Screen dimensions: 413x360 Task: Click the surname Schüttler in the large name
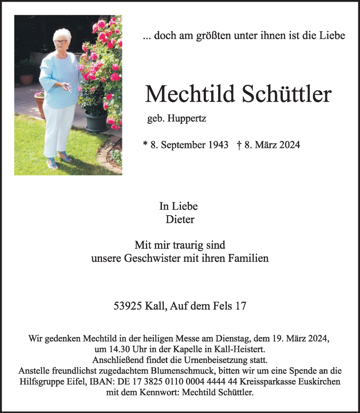coord(286,95)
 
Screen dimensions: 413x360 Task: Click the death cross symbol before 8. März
coord(239,145)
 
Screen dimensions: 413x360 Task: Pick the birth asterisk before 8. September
coord(145,145)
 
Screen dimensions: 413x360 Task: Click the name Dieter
coord(180,219)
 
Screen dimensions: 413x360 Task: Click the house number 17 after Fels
coord(241,306)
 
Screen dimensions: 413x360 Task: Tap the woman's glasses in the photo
coord(61,42)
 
